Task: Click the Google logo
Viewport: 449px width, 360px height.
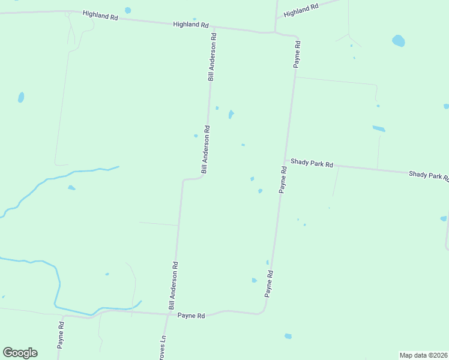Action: click(x=20, y=353)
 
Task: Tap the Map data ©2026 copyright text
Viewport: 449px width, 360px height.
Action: click(x=423, y=355)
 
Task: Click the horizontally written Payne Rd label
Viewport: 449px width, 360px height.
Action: click(x=191, y=316)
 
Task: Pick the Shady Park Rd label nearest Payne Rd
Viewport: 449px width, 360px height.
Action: click(x=312, y=163)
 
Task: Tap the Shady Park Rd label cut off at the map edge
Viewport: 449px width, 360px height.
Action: click(x=428, y=175)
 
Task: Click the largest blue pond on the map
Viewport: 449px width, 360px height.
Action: click(x=398, y=41)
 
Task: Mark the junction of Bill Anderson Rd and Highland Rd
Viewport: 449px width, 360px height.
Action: click(x=214, y=27)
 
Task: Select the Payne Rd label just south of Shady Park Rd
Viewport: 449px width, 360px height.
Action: click(x=283, y=179)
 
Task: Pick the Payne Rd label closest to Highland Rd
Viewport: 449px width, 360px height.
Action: click(x=297, y=55)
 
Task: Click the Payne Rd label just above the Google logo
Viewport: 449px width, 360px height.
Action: click(x=61, y=334)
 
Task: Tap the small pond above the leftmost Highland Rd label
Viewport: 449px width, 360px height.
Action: click(x=127, y=10)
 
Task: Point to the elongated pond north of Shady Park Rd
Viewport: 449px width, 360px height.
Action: click(x=378, y=128)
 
